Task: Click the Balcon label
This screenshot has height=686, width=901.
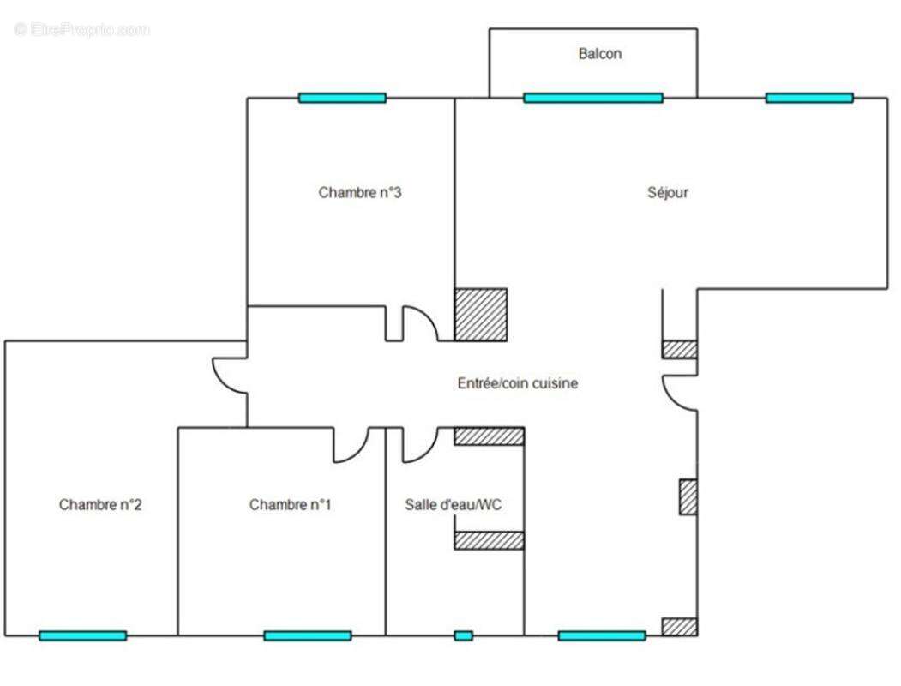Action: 600,54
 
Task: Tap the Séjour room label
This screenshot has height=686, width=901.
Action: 667,193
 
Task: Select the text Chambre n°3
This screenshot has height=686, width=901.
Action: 360,193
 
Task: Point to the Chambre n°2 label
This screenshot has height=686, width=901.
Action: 100,505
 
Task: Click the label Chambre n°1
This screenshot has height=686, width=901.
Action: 291,505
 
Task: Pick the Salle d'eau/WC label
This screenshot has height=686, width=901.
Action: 454,505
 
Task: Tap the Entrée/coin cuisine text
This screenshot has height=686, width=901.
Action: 517,383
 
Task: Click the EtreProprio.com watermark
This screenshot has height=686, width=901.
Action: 81,29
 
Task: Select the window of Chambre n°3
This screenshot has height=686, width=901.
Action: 342,98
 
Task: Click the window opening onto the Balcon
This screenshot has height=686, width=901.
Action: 592,98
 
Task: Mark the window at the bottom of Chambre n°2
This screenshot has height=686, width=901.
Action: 82,635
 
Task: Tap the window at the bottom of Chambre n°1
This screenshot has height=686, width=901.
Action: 307,635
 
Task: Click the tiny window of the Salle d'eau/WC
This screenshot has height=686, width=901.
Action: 463,635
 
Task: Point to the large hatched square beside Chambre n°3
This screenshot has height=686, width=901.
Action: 480,315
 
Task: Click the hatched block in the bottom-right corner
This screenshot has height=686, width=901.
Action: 679,626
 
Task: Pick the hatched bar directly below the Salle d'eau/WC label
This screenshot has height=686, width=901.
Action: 489,540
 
